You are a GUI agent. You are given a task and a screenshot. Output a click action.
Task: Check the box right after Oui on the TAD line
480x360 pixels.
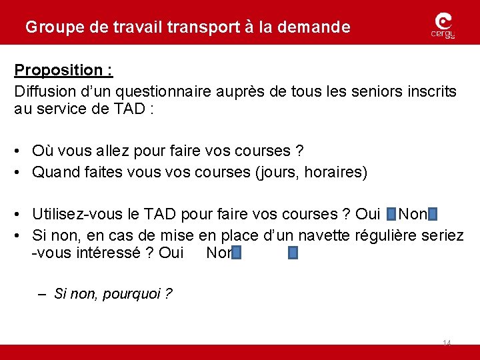click(391, 214)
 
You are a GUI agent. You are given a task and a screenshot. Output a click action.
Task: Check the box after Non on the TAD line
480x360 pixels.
click(433, 214)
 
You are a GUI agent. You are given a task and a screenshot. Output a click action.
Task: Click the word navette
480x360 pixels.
click(324, 235)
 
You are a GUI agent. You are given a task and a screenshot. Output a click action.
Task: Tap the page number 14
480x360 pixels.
click(447, 343)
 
